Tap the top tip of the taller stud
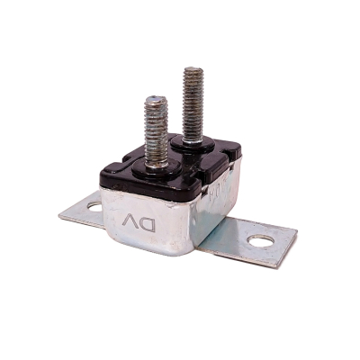click(192, 70)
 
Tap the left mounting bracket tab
click(85, 211)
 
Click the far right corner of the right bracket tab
click(296, 236)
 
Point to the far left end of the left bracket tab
click(60, 214)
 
